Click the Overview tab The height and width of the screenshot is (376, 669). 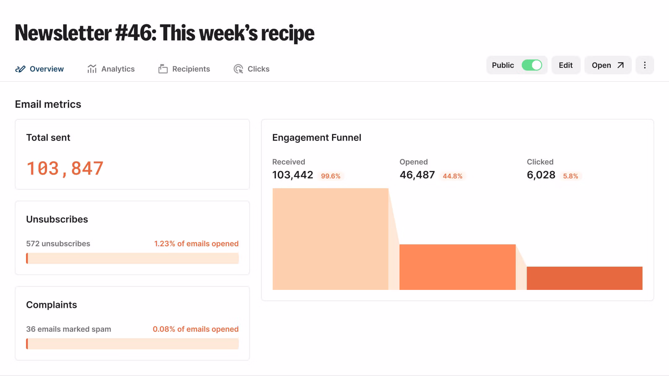point(40,69)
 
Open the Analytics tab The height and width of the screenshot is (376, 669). point(111,69)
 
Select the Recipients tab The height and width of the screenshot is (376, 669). point(184,69)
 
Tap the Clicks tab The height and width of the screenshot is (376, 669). point(251,69)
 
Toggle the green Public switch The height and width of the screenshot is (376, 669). point(531,65)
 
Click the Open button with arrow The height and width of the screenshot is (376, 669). point(608,65)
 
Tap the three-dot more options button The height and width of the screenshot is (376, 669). point(645,65)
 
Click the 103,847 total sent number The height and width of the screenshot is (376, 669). point(65,168)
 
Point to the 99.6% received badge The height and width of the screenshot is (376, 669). point(330,176)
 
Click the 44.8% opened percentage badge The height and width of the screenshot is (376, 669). point(452,176)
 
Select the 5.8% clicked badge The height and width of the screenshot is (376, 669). point(570,176)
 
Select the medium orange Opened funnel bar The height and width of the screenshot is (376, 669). point(457,267)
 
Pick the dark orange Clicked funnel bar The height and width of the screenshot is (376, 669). point(584,278)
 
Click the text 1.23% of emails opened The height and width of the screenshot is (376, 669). point(196,244)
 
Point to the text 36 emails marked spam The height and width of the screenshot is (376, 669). point(68,329)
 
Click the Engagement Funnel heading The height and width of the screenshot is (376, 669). point(317,138)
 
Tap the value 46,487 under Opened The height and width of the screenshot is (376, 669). point(417,175)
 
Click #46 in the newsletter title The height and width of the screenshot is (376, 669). point(136,33)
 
